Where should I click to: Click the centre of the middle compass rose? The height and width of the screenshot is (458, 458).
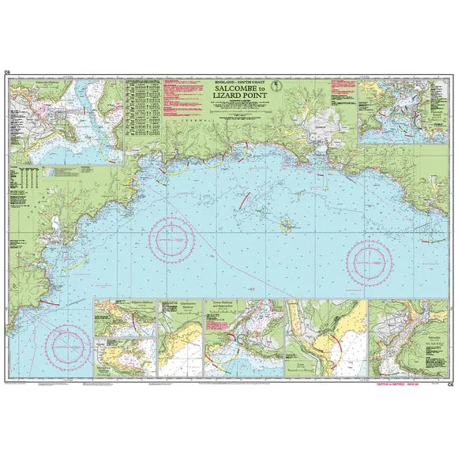[175, 236]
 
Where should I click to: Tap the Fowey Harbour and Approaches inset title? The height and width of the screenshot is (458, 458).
[227, 305]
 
